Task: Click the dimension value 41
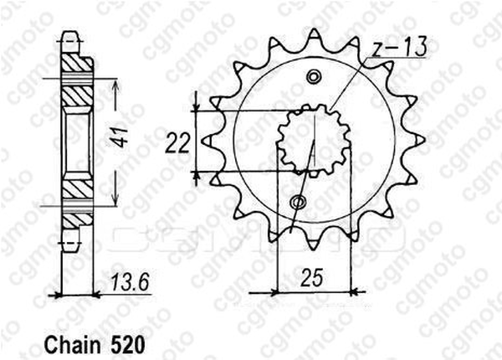point(120,137)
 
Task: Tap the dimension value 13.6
point(131,283)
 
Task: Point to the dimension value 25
point(311,277)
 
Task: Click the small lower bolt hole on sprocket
point(298,203)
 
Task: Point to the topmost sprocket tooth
point(315,36)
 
